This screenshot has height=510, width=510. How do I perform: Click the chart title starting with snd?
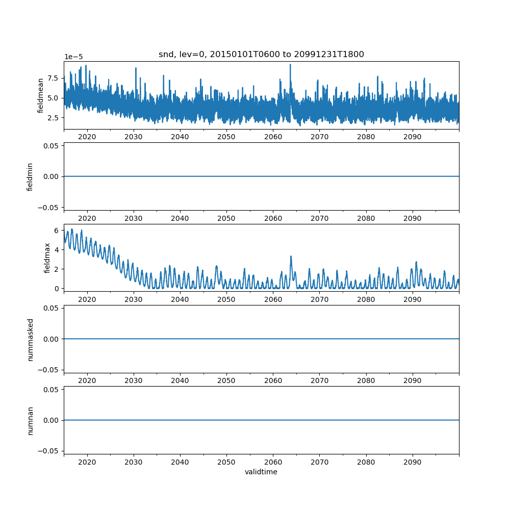261,55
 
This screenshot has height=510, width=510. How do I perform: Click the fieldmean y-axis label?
40,96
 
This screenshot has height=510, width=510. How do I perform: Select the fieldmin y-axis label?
30,177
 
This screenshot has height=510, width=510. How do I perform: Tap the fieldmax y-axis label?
47,258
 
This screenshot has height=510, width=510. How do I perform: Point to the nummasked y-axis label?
30,339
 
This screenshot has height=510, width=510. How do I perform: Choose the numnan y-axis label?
30,420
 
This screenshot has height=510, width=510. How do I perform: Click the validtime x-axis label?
261,472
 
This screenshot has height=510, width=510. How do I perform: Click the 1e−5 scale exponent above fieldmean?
74,57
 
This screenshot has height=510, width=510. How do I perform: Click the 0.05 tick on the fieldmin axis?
52,146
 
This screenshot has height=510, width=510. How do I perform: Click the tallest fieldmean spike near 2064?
290,65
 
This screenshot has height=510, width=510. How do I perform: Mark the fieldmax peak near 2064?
291,257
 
